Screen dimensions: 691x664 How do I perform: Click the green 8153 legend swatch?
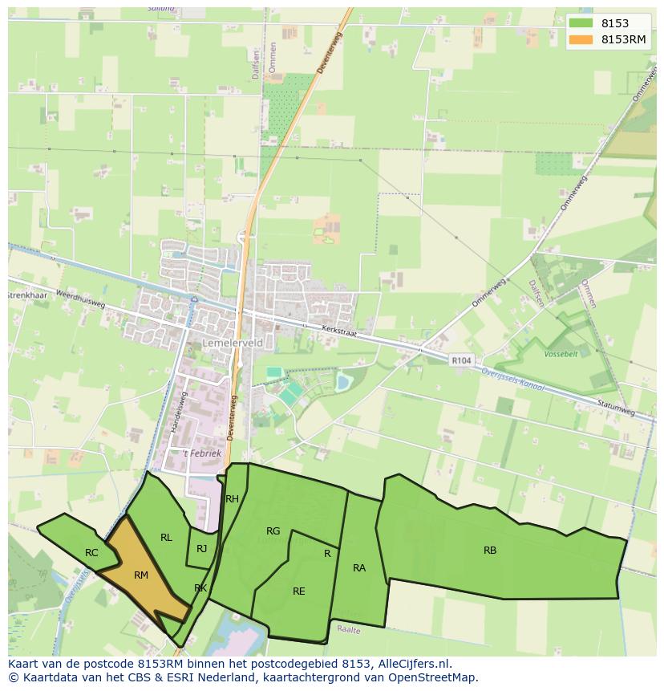tap(582, 24)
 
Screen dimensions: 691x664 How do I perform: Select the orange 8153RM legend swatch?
tap(582, 39)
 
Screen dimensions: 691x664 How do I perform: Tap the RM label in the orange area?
tap(141, 575)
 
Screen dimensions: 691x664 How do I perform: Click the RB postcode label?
tap(490, 551)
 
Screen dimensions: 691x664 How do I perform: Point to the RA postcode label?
tap(359, 568)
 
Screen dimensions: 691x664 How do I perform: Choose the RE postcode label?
tap(299, 591)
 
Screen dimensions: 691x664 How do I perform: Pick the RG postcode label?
tap(273, 530)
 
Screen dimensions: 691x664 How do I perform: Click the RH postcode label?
tap(233, 499)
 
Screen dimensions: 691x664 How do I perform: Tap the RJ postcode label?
tap(202, 549)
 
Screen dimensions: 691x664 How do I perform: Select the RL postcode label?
tap(166, 538)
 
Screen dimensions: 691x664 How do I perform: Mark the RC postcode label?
tap(91, 553)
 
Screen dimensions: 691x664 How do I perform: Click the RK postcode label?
tap(200, 588)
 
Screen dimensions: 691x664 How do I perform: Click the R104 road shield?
tap(461, 361)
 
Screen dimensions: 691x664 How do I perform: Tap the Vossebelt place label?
tap(561, 353)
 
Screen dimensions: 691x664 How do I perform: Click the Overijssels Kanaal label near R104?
tap(513, 380)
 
